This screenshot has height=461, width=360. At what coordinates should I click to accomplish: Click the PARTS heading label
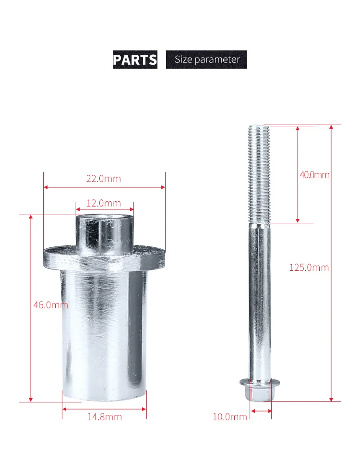(x=135, y=60)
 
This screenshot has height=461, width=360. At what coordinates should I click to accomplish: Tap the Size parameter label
(x=207, y=60)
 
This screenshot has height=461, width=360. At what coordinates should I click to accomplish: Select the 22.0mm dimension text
(x=104, y=179)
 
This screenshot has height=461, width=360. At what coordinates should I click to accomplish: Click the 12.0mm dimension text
(x=104, y=203)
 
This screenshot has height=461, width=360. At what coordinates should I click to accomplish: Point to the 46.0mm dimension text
(x=50, y=305)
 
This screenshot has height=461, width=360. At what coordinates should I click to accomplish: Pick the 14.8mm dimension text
(x=105, y=417)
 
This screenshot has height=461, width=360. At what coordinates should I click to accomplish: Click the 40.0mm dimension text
(x=314, y=175)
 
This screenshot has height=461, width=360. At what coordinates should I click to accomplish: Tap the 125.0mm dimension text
(x=309, y=267)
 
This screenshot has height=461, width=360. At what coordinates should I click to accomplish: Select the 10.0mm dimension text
(x=230, y=417)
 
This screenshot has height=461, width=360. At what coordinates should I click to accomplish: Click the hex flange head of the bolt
(x=260, y=390)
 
